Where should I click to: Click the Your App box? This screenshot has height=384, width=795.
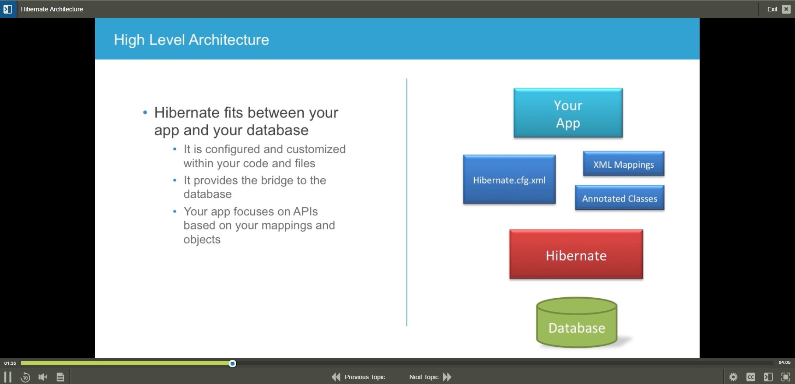[568, 113]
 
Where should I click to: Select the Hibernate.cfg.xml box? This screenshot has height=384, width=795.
[509, 180]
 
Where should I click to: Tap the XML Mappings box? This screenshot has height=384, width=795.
[623, 164]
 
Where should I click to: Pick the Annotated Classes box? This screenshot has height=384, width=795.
[620, 198]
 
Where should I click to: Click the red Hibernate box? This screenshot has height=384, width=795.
[576, 254]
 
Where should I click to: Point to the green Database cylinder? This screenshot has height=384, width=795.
[577, 323]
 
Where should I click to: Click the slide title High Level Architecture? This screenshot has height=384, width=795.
[192, 40]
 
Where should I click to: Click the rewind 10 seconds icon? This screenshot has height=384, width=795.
[25, 377]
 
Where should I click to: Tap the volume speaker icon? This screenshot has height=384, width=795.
[43, 377]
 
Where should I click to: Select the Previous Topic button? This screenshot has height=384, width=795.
[358, 377]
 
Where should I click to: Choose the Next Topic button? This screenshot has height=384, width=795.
[430, 377]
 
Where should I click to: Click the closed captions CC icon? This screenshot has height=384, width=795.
[751, 377]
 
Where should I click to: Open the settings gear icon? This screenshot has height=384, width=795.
[733, 377]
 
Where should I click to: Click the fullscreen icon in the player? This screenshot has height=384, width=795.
[786, 377]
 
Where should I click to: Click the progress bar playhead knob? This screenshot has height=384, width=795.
[233, 363]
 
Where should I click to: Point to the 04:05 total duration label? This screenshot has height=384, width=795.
[784, 363]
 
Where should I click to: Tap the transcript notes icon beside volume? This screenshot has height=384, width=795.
[60, 377]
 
